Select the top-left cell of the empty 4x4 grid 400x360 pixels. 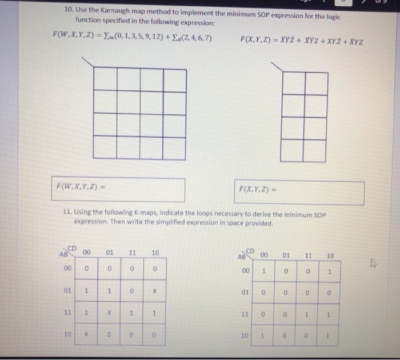tap(106, 79)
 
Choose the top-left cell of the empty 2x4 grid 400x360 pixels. tap(293, 83)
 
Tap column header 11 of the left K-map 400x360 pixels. tap(131, 253)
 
